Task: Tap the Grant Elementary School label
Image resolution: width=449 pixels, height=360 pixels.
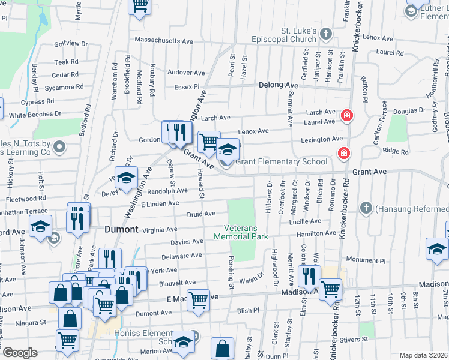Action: pyautogui.click(x=281, y=161)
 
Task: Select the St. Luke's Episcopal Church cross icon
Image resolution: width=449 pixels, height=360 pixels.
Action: pyautogui.click(x=325, y=34)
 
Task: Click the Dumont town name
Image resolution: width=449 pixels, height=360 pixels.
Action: pyautogui.click(x=122, y=229)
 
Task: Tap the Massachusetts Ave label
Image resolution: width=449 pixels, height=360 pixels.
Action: pyautogui.click(x=164, y=41)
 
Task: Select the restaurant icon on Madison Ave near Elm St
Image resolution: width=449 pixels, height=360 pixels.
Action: pyautogui.click(x=309, y=275)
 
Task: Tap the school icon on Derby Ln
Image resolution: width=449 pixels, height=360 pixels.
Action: pyautogui.click(x=127, y=178)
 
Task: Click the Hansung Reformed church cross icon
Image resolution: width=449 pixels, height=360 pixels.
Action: pyautogui.click(x=366, y=208)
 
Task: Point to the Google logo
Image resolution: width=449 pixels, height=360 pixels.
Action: pyautogui.click(x=20, y=353)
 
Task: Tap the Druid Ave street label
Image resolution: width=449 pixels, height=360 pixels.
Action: pyautogui.click(x=201, y=214)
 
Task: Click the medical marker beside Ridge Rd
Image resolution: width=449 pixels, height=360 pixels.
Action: pyautogui.click(x=343, y=154)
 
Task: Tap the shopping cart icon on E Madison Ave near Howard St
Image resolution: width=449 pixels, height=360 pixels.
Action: pyautogui.click(x=198, y=299)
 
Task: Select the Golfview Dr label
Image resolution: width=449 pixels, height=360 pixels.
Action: pyautogui.click(x=71, y=44)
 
